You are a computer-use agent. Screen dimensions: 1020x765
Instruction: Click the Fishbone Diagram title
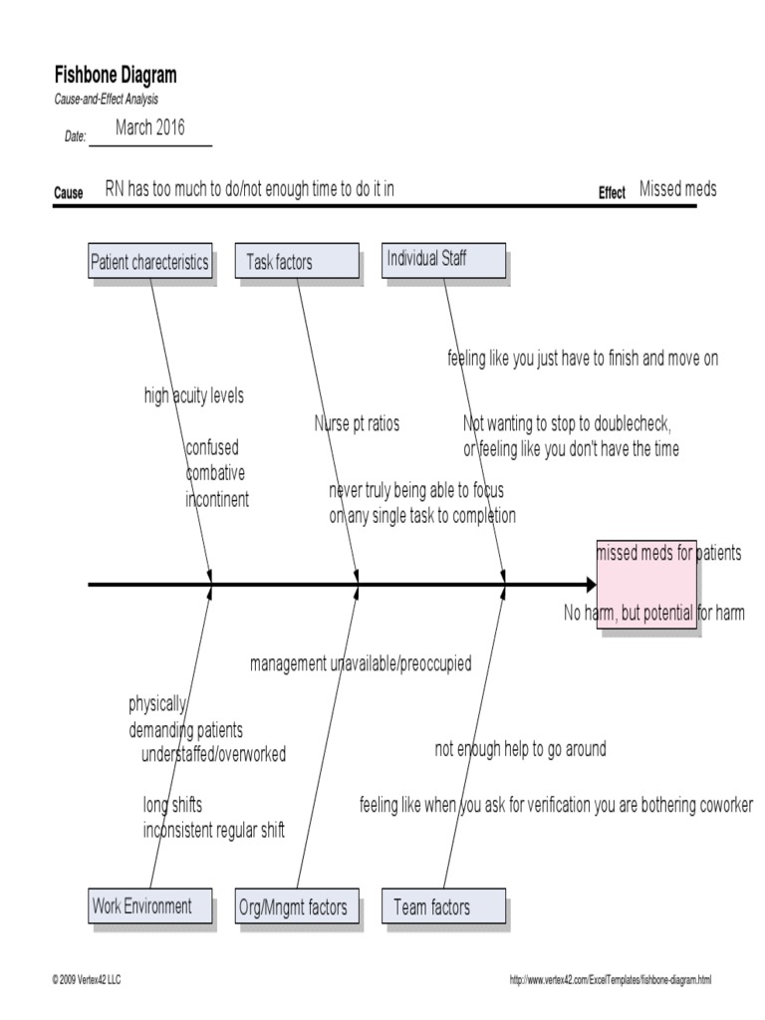(x=115, y=76)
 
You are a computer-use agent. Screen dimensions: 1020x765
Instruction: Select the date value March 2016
(x=149, y=127)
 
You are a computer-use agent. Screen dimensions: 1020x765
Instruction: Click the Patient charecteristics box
(x=149, y=262)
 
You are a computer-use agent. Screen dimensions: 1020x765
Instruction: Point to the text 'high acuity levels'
(x=193, y=396)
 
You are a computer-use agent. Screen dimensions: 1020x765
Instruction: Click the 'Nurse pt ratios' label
(x=357, y=424)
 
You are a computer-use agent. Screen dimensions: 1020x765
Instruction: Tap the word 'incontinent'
(x=217, y=500)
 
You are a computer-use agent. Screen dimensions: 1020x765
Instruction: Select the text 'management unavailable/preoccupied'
(x=361, y=663)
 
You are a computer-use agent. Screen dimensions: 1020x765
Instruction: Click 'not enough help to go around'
(x=520, y=749)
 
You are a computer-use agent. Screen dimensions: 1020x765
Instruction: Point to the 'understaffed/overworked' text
(x=213, y=754)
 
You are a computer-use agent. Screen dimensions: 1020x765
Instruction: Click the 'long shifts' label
(x=172, y=805)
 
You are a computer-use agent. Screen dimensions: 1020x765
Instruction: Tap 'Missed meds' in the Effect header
(x=677, y=189)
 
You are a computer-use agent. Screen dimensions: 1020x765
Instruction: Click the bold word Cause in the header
(x=68, y=193)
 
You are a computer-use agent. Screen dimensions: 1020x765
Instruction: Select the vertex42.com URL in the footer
(x=611, y=980)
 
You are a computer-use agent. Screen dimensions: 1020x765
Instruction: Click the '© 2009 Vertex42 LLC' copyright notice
(x=87, y=980)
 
